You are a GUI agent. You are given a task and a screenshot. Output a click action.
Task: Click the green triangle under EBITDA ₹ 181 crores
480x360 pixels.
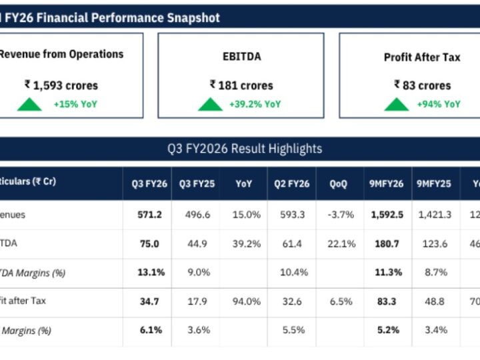210,105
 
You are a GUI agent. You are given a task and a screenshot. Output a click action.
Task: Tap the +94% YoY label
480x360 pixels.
438,104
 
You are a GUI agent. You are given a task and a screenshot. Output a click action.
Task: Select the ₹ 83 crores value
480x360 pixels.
422,85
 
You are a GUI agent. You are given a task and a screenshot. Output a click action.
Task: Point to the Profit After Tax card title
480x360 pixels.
422,57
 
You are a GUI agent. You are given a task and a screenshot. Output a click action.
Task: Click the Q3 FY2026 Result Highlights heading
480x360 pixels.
245,149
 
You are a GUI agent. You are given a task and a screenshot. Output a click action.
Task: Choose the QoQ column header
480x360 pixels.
338,184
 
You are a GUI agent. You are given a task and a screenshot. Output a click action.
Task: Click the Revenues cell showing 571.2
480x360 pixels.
147,215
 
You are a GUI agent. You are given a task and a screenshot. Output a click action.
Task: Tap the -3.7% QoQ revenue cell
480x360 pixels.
338,215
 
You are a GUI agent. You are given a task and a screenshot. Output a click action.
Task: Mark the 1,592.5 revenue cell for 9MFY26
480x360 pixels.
387,215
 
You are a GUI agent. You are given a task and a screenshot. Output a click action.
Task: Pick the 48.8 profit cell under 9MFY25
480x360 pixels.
434,301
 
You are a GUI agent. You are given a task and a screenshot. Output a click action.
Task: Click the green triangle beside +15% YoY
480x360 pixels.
29,105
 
